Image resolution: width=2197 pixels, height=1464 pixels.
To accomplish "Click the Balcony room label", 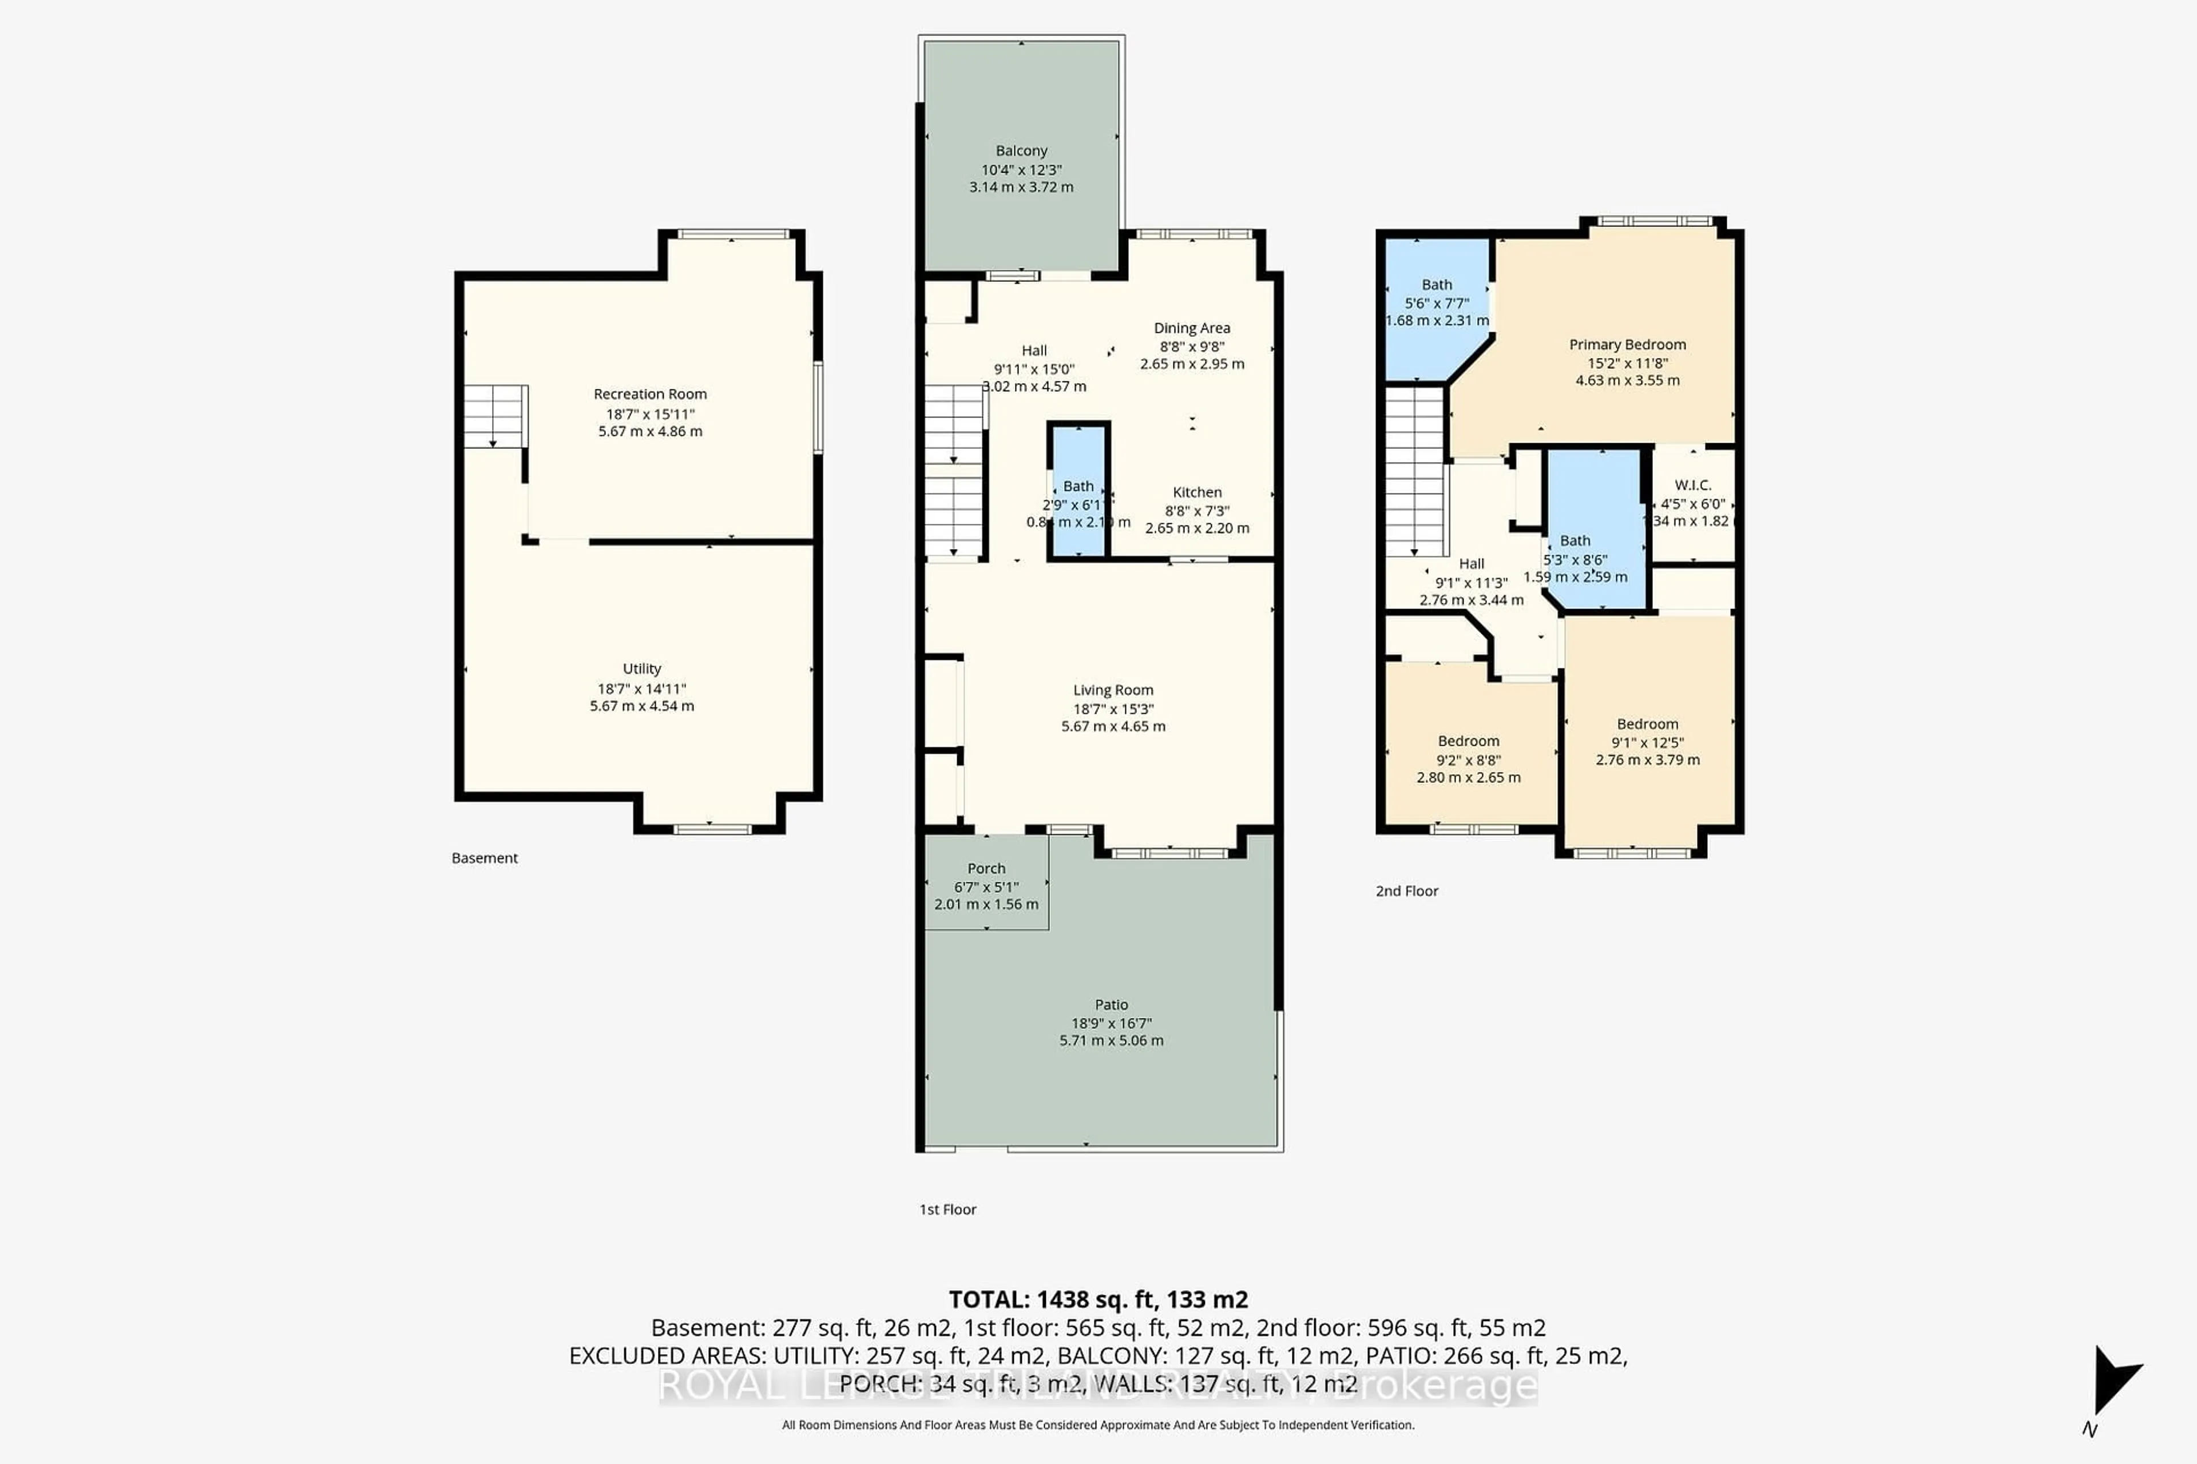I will click(1021, 150).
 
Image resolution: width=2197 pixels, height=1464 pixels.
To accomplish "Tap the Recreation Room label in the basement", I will click(650, 394).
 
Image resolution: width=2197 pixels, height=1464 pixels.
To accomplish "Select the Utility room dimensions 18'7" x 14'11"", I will click(642, 688).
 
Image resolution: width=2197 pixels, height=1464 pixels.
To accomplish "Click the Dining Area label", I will click(1192, 328).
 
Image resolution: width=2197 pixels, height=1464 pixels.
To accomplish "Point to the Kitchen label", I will click(1196, 492).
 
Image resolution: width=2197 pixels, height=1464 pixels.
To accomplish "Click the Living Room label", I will click(1112, 690).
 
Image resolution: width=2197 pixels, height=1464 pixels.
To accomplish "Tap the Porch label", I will click(986, 868).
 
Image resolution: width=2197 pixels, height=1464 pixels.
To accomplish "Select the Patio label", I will click(1111, 1005).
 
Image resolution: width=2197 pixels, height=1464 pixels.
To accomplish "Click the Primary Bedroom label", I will click(1627, 344).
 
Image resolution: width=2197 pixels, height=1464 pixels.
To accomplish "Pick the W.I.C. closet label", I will click(1692, 486).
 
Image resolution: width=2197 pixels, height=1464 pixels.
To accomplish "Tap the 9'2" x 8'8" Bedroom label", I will click(1469, 741).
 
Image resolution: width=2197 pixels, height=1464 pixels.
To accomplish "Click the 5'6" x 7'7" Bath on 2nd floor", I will click(1437, 285).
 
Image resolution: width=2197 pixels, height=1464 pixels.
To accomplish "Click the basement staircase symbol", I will click(495, 416).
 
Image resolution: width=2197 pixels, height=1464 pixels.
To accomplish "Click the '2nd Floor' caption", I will click(1407, 892).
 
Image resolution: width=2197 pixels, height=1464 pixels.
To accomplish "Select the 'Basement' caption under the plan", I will click(484, 858).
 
